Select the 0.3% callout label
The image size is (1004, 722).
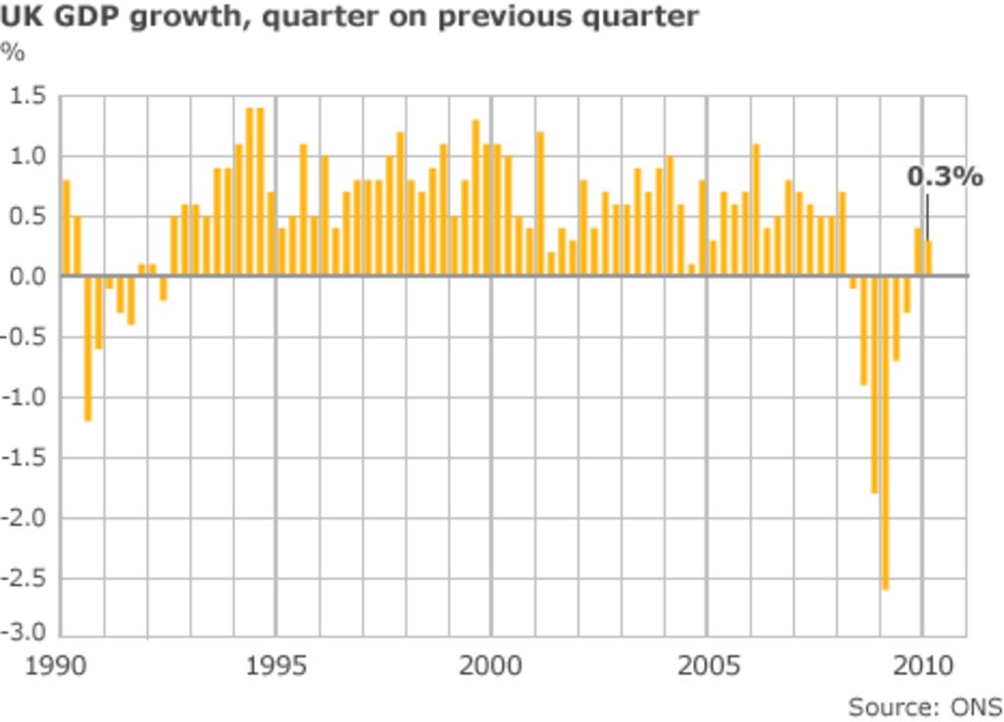click(944, 177)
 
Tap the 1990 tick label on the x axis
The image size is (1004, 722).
click(55, 666)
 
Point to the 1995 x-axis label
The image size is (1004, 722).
click(276, 666)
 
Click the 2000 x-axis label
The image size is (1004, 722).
click(491, 666)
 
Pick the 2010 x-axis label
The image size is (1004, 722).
click(923, 666)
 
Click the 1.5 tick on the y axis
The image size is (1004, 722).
click(26, 96)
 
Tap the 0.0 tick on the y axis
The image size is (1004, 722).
click(26, 277)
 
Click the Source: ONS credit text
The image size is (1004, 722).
click(925, 706)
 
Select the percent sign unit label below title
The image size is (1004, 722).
click(13, 52)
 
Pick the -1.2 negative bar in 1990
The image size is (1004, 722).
click(88, 347)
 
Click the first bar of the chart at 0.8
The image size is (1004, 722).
click(67, 228)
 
